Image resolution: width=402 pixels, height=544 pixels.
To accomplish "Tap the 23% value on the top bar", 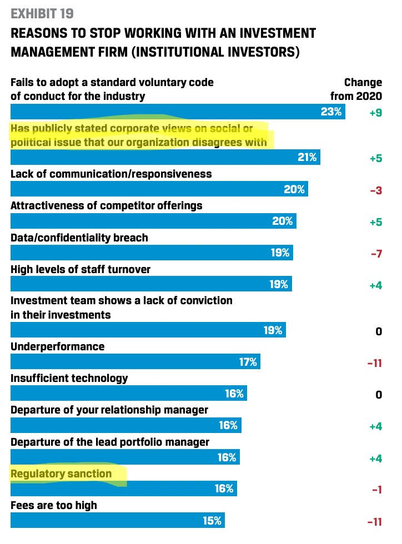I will (x=331, y=112).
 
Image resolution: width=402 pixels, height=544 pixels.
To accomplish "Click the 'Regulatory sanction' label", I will (x=61, y=474).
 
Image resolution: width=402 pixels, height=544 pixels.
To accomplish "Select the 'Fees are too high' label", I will (x=54, y=506).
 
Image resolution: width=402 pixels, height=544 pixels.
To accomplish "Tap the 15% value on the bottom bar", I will (x=212, y=521).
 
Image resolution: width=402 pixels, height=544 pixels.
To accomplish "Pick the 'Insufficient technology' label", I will (x=69, y=379).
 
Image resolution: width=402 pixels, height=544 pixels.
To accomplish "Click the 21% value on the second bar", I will (x=307, y=158).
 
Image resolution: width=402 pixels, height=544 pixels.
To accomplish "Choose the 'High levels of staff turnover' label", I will (x=81, y=270).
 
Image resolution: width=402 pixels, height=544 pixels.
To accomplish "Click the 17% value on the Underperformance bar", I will (x=248, y=362).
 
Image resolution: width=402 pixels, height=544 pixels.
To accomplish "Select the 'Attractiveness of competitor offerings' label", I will (x=107, y=206).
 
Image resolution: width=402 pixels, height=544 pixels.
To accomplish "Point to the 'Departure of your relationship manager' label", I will (x=109, y=410).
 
